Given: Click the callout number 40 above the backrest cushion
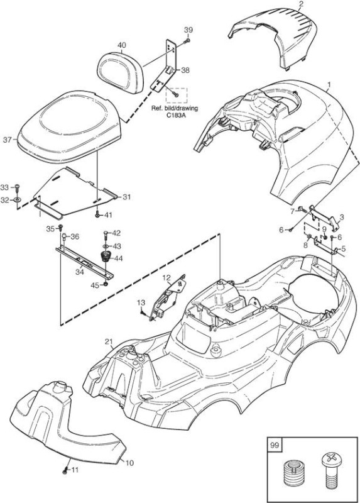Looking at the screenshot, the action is (x=121, y=45).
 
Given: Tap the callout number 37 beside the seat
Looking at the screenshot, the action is (x=8, y=140).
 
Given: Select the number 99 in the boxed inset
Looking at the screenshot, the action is (x=275, y=445).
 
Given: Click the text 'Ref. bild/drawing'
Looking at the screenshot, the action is (x=175, y=108).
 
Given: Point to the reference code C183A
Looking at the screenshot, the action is (x=175, y=115).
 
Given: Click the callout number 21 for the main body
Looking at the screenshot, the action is (x=109, y=342).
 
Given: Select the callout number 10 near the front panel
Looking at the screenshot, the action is (x=129, y=463).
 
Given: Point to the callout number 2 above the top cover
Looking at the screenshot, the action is (x=300, y=4).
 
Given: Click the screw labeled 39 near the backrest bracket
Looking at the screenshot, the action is (x=187, y=41).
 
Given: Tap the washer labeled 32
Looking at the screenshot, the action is (x=18, y=200).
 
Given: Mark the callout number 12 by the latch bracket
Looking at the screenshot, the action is (x=166, y=278).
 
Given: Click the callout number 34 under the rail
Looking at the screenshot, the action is (x=80, y=272).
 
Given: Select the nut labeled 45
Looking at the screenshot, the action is (x=106, y=285).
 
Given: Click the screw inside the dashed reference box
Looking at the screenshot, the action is (x=175, y=94).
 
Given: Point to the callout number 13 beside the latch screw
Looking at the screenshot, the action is (x=141, y=302).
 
